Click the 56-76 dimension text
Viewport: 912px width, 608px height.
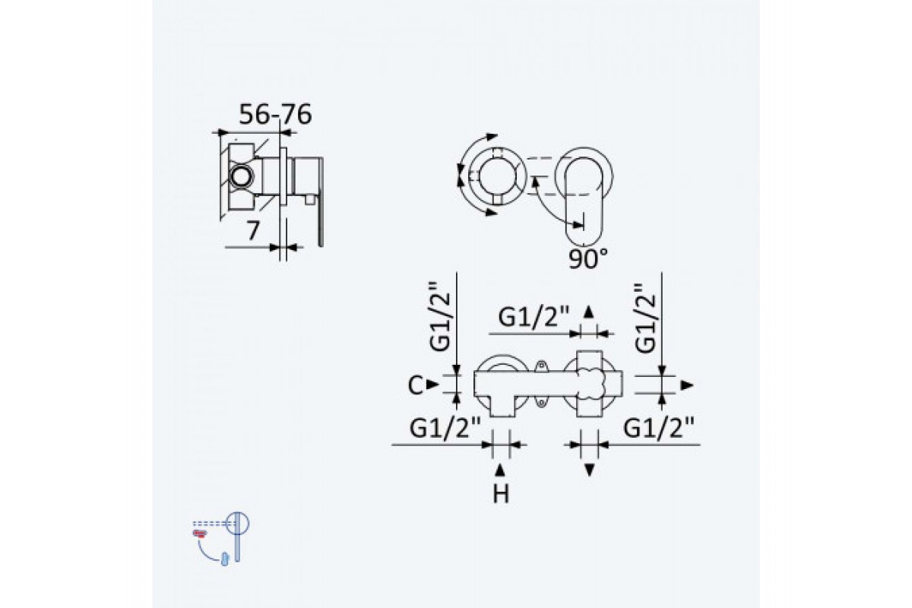pos(275,115)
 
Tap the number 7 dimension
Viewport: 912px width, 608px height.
pos(253,230)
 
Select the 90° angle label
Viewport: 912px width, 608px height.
pos(588,258)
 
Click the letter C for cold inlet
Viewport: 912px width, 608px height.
pos(415,385)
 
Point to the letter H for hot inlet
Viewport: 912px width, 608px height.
pos(501,495)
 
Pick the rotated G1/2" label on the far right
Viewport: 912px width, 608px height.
pos(645,318)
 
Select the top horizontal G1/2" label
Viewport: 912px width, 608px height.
pos(534,317)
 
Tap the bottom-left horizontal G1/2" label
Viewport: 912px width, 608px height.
pos(445,428)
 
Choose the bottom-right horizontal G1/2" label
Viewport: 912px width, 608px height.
pos(659,428)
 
